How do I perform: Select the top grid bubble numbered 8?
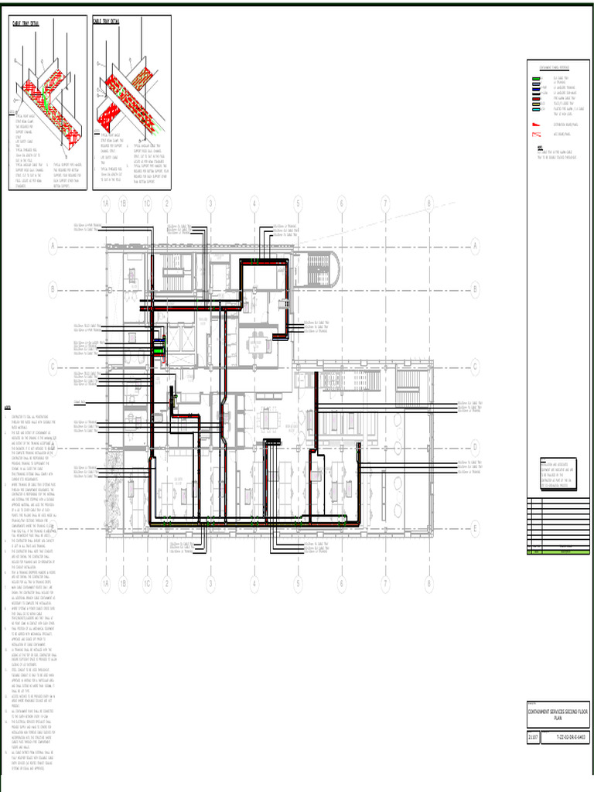(429, 203)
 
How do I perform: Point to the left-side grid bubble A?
(53, 247)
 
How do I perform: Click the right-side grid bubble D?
(475, 447)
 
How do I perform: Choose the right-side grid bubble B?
(475, 289)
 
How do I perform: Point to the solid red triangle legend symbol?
(534, 124)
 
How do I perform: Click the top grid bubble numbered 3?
(210, 203)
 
